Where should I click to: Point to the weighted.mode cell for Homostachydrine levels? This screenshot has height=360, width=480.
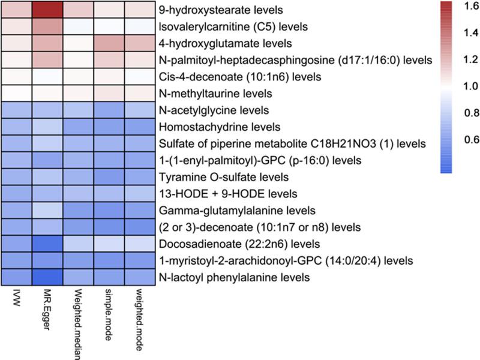click(x=140, y=127)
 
